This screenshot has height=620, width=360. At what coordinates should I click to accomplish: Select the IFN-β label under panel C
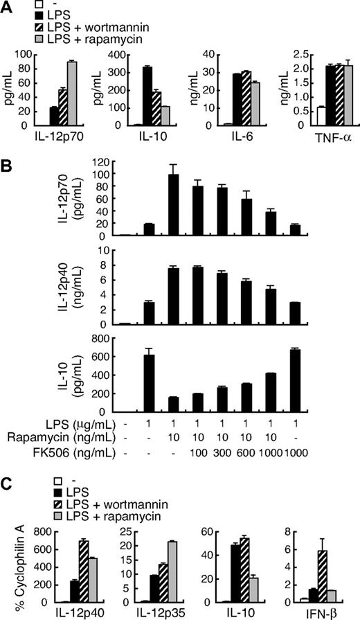pos(325,613)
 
